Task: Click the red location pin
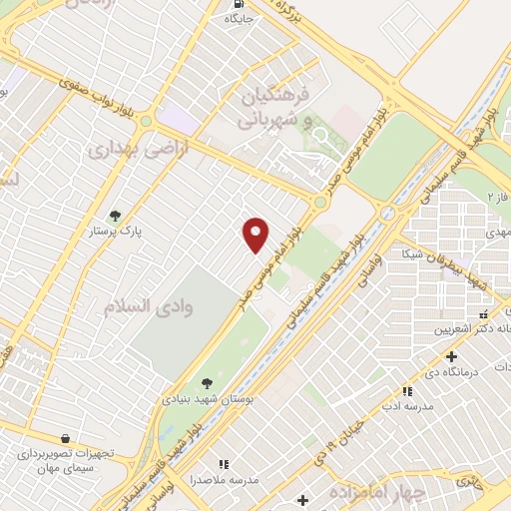[256, 233]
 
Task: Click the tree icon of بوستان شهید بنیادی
[207, 382]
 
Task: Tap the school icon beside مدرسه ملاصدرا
[224, 464]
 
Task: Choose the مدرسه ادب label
[405, 407]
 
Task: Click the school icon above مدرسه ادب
[406, 391]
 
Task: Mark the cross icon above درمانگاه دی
[451, 356]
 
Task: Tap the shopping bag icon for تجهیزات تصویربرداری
[65, 438]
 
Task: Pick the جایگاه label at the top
[240, 18]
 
